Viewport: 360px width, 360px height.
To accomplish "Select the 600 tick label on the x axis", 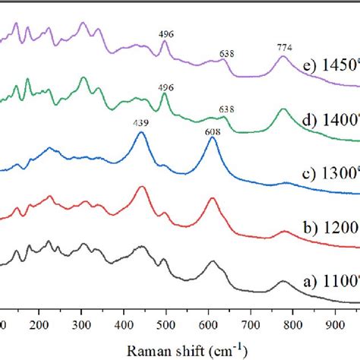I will pos(207,325).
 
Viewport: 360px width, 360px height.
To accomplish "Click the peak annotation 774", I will pos(284,47).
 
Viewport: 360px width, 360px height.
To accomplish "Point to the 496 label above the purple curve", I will pos(165,33).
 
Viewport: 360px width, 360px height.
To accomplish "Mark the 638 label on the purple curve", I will pos(226,54).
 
